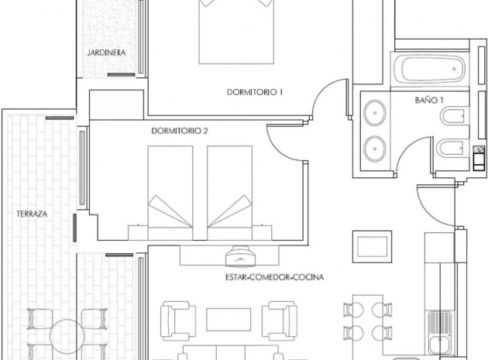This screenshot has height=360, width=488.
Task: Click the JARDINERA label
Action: (106, 53)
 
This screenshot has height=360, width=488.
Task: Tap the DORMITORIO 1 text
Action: (255, 92)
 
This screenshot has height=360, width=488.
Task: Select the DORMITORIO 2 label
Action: (179, 131)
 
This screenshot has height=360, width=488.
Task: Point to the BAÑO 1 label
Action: (428, 101)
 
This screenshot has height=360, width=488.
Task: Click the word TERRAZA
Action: (32, 212)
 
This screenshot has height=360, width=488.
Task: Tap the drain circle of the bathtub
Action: (455, 72)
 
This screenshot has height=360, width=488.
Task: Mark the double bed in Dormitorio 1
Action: (235, 31)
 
